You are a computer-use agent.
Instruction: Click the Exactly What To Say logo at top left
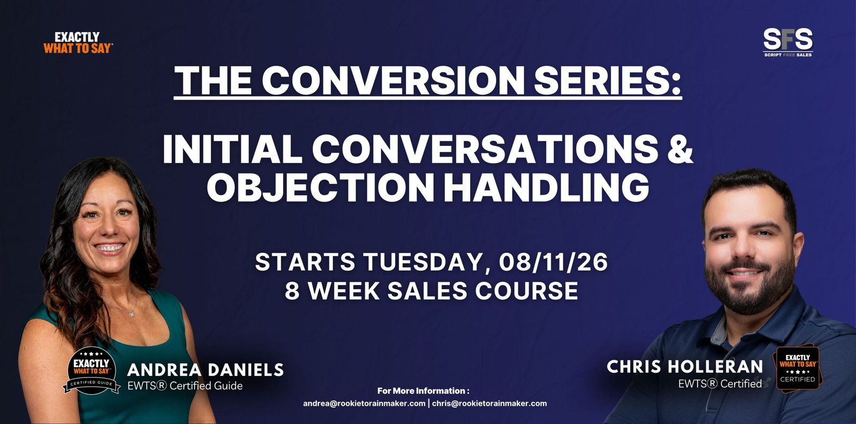click(78, 42)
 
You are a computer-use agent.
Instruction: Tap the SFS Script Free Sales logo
click(788, 42)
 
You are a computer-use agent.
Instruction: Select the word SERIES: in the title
click(608, 80)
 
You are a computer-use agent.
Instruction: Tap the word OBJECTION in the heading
click(320, 187)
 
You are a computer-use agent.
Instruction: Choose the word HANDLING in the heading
click(546, 187)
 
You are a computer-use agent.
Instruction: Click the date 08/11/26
click(553, 262)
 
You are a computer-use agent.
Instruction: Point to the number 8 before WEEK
click(292, 291)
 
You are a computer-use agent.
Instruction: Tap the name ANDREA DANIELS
click(205, 370)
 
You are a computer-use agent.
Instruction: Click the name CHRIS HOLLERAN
click(685, 367)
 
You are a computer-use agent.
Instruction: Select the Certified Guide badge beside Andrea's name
click(91, 371)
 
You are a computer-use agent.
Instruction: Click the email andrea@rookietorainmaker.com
click(364, 403)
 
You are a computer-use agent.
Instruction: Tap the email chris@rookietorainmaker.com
click(490, 403)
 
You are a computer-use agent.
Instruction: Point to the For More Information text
click(423, 391)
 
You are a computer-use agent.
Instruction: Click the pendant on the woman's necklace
click(132, 313)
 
